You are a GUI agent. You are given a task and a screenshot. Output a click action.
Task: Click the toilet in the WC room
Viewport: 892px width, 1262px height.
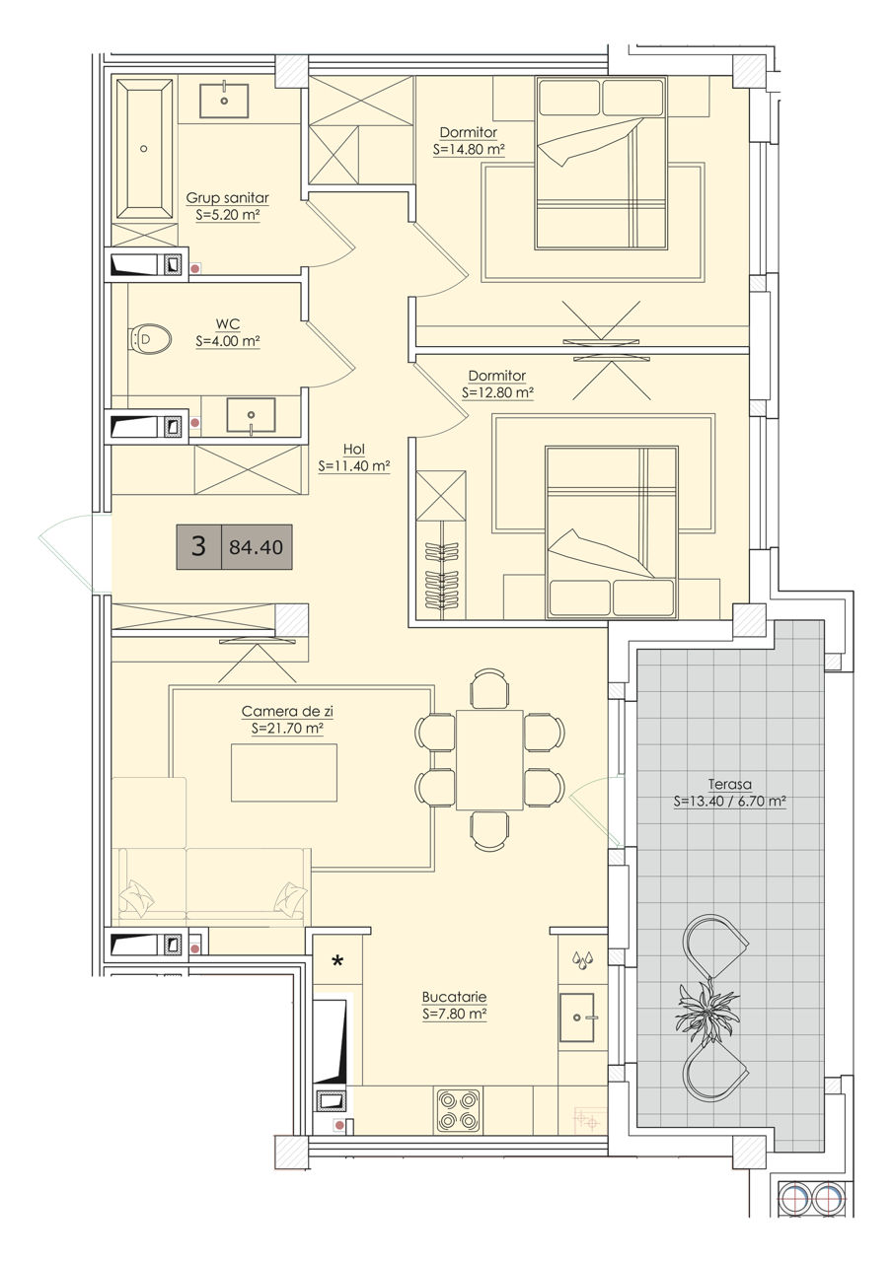click(x=151, y=339)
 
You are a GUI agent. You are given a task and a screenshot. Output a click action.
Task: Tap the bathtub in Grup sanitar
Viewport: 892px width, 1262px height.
click(x=144, y=149)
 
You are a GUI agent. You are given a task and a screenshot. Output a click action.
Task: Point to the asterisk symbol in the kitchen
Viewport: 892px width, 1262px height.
click(x=337, y=960)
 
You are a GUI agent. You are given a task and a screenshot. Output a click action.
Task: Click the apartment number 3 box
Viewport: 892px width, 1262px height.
click(x=199, y=546)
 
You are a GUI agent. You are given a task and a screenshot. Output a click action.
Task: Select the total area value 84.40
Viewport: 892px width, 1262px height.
click(x=257, y=547)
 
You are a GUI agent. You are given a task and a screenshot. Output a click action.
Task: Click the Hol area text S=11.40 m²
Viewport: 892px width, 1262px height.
click(x=354, y=466)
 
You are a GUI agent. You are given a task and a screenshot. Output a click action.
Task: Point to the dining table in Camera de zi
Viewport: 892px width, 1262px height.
click(x=489, y=759)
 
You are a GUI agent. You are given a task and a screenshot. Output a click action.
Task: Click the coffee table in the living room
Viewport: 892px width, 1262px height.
click(x=283, y=772)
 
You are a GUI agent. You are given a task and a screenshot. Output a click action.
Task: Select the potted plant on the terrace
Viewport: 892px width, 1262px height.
click(x=707, y=1005)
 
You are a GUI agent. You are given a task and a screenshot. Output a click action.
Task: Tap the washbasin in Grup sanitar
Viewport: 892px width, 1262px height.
click(x=224, y=101)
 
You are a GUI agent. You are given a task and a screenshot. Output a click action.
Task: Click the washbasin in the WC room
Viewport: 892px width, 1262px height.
click(x=251, y=415)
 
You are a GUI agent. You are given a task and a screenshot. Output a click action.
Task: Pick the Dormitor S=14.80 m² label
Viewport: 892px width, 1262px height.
click(x=469, y=141)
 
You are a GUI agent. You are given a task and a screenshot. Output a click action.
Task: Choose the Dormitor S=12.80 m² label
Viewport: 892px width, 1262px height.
click(x=498, y=385)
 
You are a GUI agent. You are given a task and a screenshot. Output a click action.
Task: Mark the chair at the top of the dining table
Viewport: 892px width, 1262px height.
click(x=489, y=688)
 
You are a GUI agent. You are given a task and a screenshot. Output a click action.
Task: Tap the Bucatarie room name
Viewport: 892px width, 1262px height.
click(x=455, y=997)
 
